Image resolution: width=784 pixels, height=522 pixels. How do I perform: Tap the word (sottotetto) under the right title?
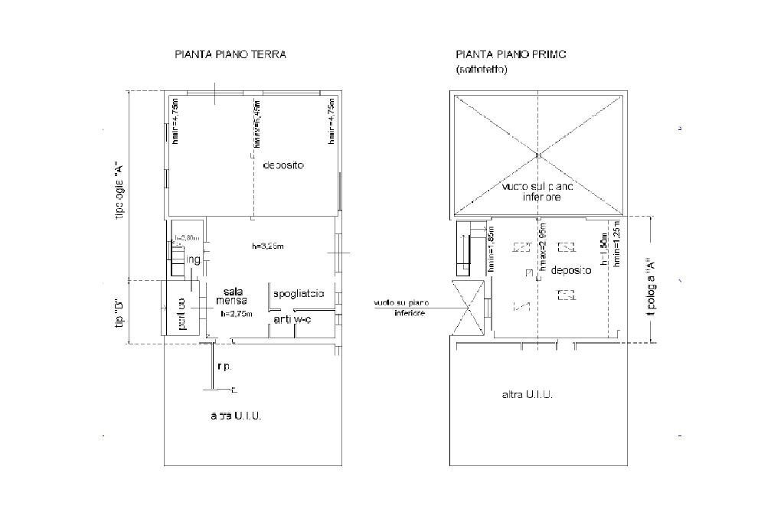coord(482,70)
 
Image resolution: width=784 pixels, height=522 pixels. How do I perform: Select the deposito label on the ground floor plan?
coord(284,165)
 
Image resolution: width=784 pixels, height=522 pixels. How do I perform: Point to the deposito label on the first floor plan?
coord(570,271)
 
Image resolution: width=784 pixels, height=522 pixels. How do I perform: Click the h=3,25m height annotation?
coord(269,246)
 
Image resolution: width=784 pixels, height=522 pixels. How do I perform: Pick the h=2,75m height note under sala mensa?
coord(237,314)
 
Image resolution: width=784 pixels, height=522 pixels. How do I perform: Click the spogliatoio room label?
coord(299,293)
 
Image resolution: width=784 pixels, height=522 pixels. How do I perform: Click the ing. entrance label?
coord(194,260)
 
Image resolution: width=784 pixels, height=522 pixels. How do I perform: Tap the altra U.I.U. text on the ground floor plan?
coord(237,416)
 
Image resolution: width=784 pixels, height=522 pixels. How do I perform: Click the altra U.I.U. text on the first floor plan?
coord(528,395)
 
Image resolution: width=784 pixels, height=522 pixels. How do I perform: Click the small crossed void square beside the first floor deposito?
coord(468,308)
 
